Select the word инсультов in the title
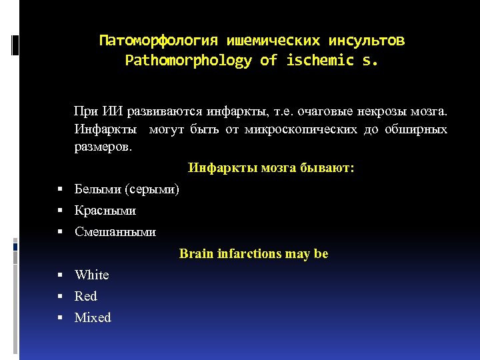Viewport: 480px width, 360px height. (371, 41)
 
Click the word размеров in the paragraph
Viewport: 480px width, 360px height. (102, 147)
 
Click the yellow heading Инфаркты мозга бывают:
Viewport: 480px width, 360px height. (271, 168)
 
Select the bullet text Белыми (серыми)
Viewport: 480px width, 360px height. (127, 189)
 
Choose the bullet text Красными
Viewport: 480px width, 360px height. (105, 211)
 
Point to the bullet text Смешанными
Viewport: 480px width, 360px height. (115, 232)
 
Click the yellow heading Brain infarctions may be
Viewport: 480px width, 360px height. (253, 253)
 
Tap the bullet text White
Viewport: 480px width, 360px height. (92, 275)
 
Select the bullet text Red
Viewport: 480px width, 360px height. (86, 296)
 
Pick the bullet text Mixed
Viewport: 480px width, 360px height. (93, 317)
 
